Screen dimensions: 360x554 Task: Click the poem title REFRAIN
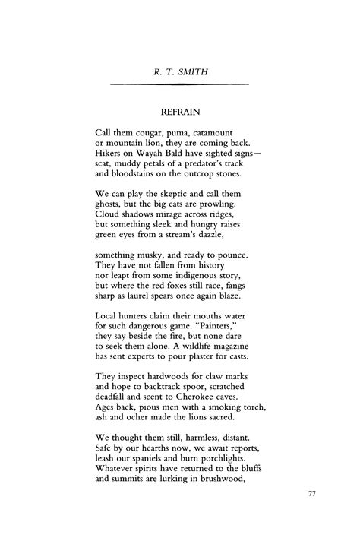(180, 111)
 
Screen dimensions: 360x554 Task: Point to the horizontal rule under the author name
(180, 83)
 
